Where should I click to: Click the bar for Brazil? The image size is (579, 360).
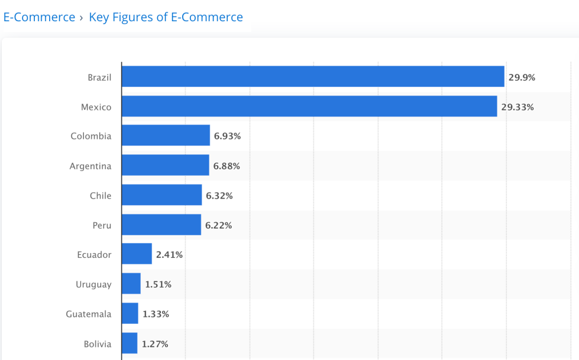point(313,77)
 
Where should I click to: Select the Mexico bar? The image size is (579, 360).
point(309,106)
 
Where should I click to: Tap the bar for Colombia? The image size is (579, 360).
point(166,136)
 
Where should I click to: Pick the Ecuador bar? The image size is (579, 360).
point(137,254)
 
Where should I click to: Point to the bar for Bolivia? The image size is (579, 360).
point(130,343)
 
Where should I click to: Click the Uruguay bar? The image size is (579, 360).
point(131,284)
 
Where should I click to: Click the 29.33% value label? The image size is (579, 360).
point(517,107)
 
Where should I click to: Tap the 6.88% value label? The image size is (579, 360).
point(227,166)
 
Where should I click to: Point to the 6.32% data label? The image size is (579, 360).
point(219,196)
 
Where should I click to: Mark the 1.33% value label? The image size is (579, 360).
point(156,314)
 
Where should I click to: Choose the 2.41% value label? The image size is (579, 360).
point(169,255)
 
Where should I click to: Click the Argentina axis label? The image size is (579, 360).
point(90,166)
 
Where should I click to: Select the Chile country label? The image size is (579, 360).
point(101,196)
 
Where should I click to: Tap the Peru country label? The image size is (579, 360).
point(102,225)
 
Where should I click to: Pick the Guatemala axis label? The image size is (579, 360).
point(89,314)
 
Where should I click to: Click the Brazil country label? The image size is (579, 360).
point(99,77)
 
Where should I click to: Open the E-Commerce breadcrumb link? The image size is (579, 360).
point(39,17)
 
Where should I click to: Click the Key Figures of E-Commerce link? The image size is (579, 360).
point(166,17)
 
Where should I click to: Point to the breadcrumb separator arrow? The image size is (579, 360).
point(82,18)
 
